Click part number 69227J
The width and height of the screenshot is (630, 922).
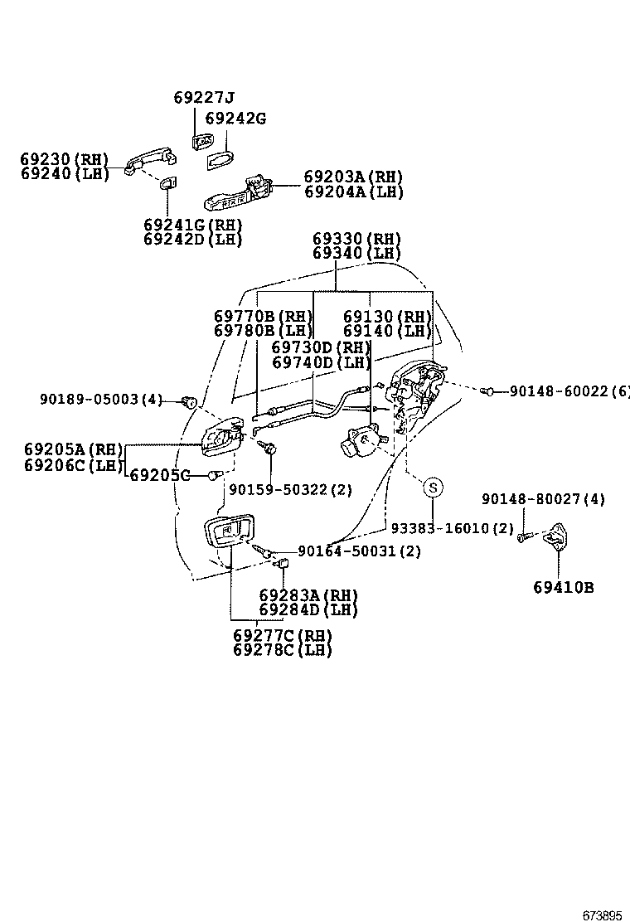tap(204, 97)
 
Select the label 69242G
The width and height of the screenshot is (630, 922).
tap(235, 119)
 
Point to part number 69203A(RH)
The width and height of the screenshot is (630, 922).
tap(353, 177)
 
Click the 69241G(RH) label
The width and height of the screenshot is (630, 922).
tap(192, 225)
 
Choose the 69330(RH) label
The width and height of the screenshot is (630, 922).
tap(356, 239)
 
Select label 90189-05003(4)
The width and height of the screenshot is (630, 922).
tap(101, 400)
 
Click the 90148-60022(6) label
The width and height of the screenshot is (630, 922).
tap(569, 391)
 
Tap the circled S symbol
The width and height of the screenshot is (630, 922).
tap(433, 488)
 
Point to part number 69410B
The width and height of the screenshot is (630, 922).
tap(564, 587)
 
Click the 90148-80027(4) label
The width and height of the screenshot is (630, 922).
tap(543, 499)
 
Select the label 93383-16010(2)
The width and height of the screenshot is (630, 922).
tap(452, 528)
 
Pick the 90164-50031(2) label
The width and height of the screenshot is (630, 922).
tap(359, 551)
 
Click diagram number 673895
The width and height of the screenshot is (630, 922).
tap(601, 915)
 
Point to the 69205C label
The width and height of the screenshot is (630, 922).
tap(160, 475)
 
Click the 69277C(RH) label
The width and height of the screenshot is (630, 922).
tap(282, 635)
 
